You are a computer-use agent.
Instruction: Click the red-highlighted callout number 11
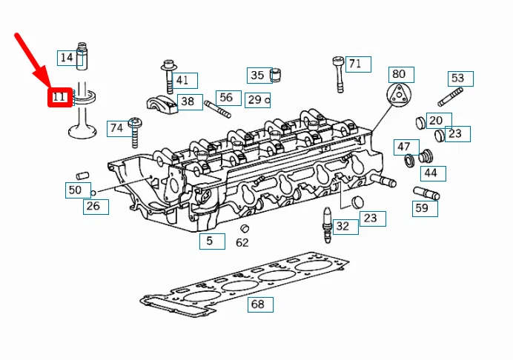[x=59, y=96]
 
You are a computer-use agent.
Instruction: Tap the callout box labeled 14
[x=67, y=58]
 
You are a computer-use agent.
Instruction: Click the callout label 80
[x=399, y=74]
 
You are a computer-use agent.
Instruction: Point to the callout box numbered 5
[x=211, y=241]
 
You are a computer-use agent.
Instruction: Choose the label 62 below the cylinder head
[x=242, y=242]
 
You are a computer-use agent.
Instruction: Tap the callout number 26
[x=92, y=207]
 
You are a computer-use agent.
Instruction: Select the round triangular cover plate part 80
[x=399, y=96]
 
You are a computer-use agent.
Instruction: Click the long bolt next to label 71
[x=340, y=74]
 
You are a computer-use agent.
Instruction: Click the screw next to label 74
[x=135, y=133]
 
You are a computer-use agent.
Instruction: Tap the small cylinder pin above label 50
[x=82, y=176]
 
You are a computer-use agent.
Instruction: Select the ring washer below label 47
[x=408, y=161]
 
